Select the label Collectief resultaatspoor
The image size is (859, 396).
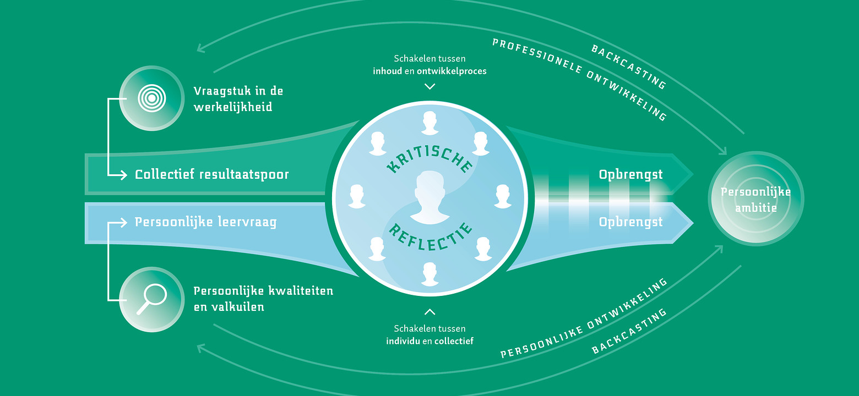(x=212, y=175)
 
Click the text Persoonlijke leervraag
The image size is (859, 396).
(x=205, y=222)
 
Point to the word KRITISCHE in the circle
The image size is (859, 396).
(x=429, y=155)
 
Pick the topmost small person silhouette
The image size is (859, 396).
(x=430, y=123)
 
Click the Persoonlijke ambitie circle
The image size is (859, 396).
(x=755, y=199)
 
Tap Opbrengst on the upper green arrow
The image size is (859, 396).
(x=630, y=175)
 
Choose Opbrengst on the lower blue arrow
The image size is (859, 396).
(x=630, y=223)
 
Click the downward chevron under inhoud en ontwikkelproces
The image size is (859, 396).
(x=430, y=86)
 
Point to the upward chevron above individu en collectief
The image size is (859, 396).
(x=430, y=312)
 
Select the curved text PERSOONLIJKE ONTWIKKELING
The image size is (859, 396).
(x=584, y=319)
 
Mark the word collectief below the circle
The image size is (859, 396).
(x=454, y=341)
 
